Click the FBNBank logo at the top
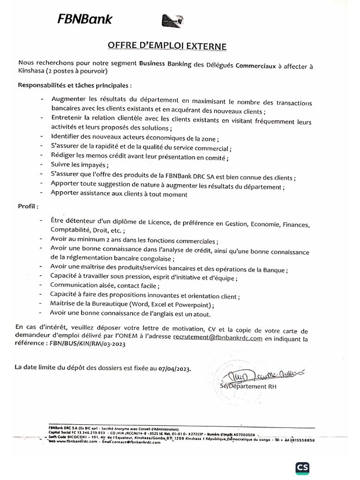click(x=85, y=19)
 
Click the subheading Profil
click(x=28, y=206)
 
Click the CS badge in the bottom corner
click(x=304, y=467)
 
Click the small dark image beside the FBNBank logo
click(x=172, y=21)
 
